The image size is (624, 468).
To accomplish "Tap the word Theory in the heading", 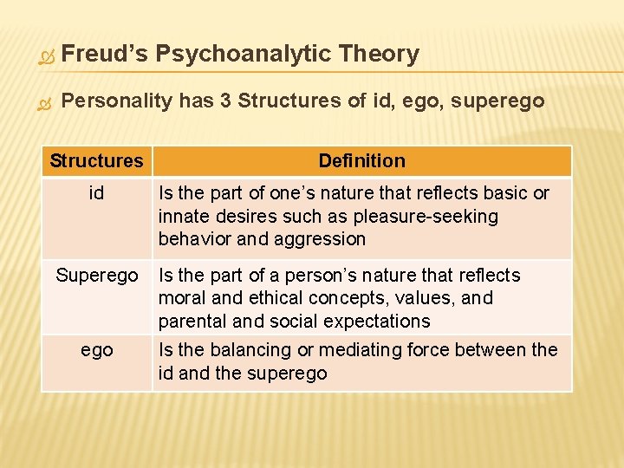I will point(380,54).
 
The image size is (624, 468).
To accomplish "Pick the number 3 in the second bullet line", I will point(224,101).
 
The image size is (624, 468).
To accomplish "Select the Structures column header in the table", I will point(96,160).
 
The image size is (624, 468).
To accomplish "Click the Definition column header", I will point(361,160).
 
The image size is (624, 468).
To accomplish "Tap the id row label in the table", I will point(96,193).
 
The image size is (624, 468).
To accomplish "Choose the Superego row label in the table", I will point(96,276).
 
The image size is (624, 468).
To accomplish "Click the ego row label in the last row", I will point(96,350).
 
